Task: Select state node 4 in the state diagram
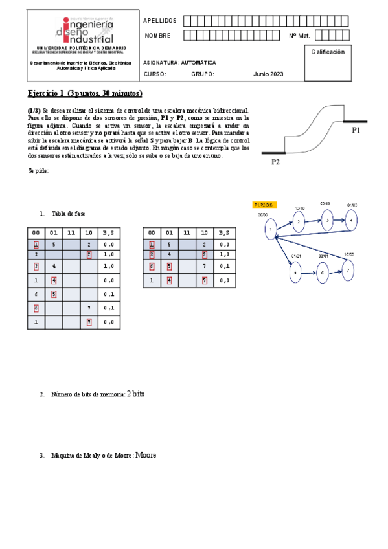351,220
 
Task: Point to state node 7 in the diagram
348,269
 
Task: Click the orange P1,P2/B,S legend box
264,205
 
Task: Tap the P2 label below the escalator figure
275,162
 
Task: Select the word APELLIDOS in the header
159,21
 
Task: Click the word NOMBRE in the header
158,36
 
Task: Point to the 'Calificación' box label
327,52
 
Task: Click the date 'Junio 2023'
268,74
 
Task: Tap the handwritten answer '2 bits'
135,394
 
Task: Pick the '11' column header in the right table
187,233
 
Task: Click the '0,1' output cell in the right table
223,266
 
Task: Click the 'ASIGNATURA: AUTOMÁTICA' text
179,63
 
